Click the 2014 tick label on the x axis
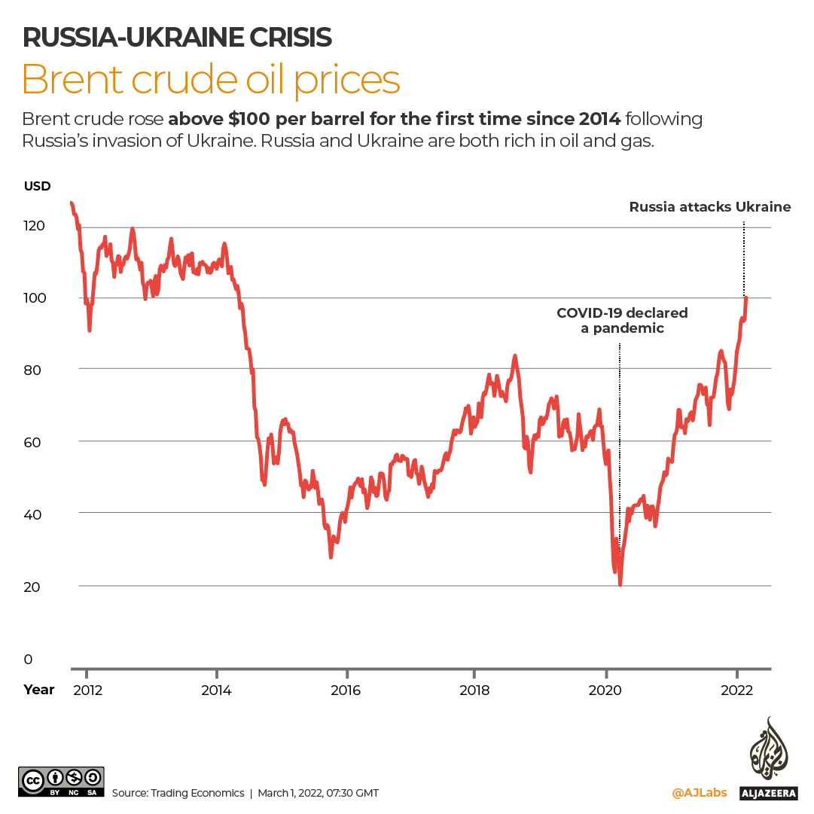(x=216, y=691)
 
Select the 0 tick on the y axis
(x=29, y=660)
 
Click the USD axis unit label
(x=37, y=186)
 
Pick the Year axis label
(x=38, y=689)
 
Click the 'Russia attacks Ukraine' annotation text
(x=710, y=206)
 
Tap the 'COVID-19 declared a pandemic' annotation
(x=622, y=320)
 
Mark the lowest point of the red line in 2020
(x=620, y=584)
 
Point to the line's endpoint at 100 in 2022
(x=745, y=298)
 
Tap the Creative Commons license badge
(x=61, y=782)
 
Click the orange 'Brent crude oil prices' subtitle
(x=211, y=80)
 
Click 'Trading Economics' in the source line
(x=197, y=793)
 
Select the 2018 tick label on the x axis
(x=474, y=691)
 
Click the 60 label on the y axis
(x=34, y=441)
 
